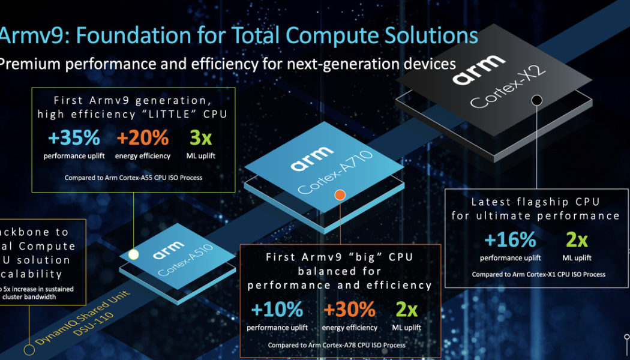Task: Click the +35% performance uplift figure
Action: point(74,138)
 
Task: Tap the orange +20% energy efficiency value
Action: point(143,138)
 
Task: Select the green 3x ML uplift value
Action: point(201,138)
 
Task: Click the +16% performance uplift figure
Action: point(510,240)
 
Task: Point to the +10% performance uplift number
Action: point(277,310)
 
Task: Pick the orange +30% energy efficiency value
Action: point(350,310)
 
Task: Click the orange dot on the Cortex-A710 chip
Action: point(340,195)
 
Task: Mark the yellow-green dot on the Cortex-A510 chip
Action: point(134,254)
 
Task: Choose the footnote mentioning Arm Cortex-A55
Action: point(133,178)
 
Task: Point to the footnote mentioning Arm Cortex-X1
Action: point(538,274)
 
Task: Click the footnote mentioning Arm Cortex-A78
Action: point(337,345)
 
